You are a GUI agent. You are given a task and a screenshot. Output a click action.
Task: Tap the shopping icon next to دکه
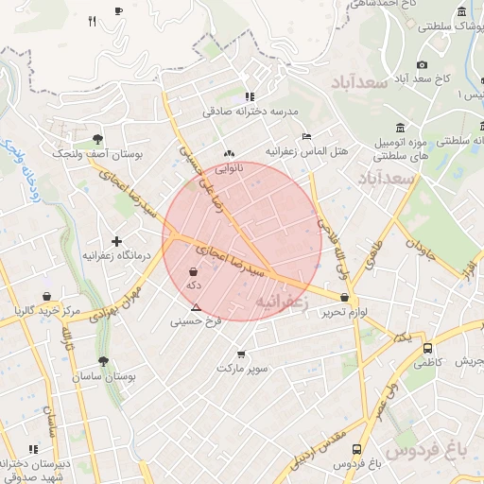coord(193,271)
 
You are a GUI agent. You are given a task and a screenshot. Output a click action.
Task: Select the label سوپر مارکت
coord(241,367)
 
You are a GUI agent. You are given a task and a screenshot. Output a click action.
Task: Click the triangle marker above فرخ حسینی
coord(196,307)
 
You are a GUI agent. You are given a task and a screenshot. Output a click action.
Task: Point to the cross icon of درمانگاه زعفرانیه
coord(116,242)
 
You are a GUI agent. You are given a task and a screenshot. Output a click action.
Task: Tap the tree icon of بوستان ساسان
coord(102,362)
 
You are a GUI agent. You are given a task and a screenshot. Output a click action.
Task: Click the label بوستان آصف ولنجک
coord(96,152)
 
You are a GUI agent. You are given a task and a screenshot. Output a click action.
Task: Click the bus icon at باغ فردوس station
coord(356,449)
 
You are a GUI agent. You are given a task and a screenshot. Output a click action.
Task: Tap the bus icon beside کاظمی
coord(427,348)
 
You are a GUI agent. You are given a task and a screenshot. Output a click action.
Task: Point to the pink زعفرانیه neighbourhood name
coord(279,301)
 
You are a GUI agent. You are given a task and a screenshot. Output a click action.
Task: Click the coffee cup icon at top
coord(118,10)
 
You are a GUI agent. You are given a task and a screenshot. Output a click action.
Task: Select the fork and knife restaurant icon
coord(92,20)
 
